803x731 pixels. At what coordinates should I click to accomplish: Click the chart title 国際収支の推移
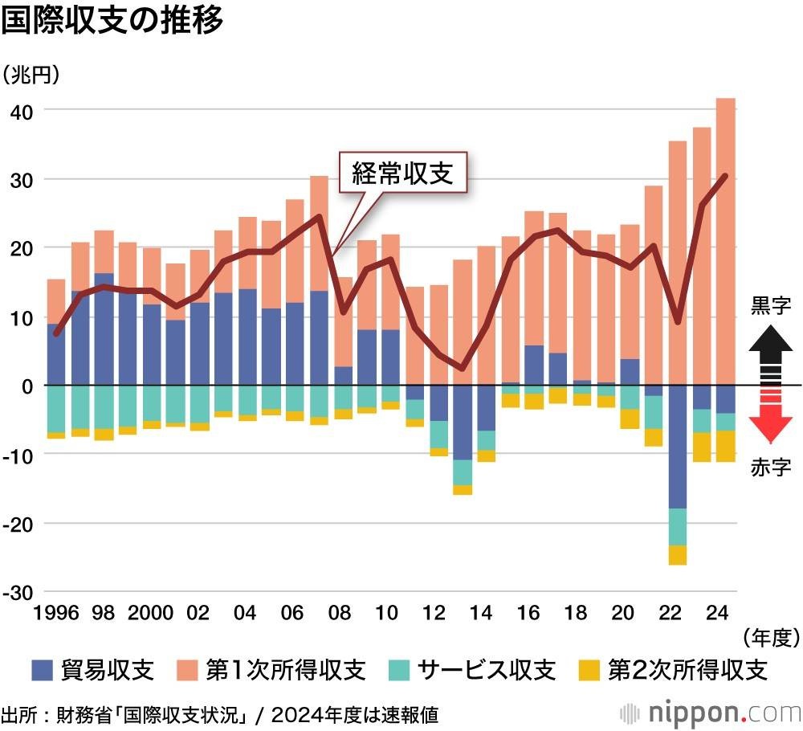[112, 21]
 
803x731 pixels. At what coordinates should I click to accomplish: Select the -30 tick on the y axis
[17, 592]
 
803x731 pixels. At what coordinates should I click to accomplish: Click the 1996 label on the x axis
[55, 613]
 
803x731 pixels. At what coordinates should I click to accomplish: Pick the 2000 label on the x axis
[150, 613]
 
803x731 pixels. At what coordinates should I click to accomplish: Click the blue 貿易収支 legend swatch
[42, 669]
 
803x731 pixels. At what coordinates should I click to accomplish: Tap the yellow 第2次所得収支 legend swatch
[589, 669]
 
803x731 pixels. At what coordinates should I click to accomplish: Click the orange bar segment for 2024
[725, 241]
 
